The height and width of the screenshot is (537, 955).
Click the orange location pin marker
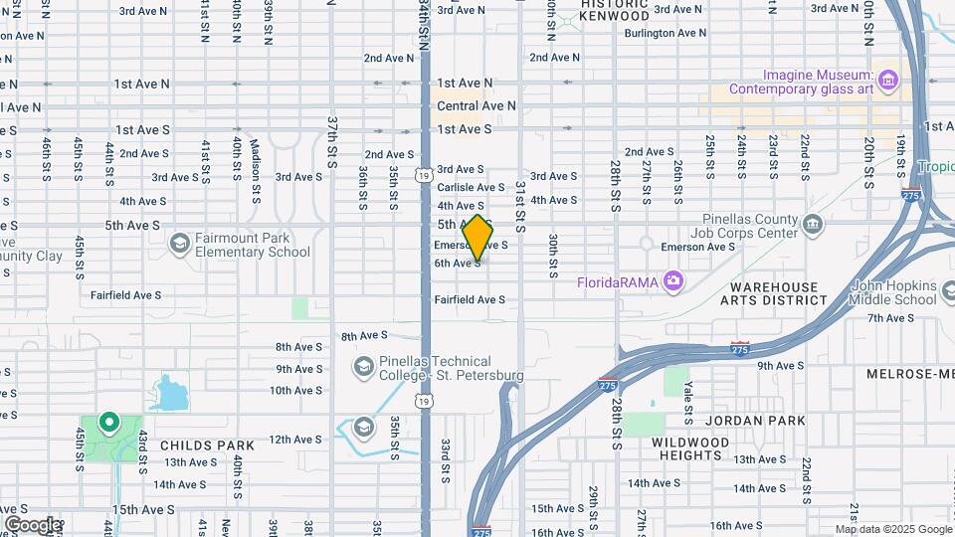pyautogui.click(x=477, y=237)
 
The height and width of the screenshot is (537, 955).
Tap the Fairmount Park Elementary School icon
pyautogui.click(x=179, y=243)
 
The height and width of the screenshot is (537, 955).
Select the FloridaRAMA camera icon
pyautogui.click(x=673, y=281)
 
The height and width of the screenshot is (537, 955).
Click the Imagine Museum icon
pyautogui.click(x=888, y=79)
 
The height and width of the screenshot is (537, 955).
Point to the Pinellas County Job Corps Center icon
pyautogui.click(x=813, y=225)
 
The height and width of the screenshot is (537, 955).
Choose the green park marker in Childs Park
pyautogui.click(x=108, y=423)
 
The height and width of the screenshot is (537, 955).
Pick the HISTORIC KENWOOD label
pyautogui.click(x=615, y=10)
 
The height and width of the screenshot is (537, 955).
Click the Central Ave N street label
pyautogui.click(x=477, y=105)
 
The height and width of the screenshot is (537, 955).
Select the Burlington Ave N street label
pyautogui.click(x=666, y=33)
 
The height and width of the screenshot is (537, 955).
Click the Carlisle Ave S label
pyautogui.click(x=471, y=187)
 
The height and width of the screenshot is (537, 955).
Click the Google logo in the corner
pyautogui.click(x=32, y=524)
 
